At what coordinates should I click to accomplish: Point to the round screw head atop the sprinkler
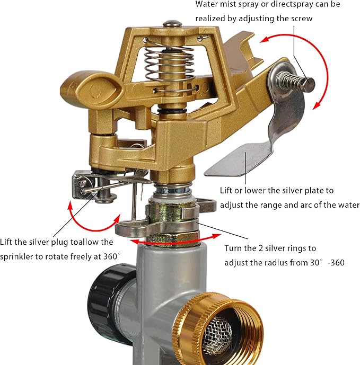(x=172, y=23)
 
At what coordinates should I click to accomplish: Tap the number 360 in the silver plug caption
(x=110, y=256)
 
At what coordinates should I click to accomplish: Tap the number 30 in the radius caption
(x=314, y=263)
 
